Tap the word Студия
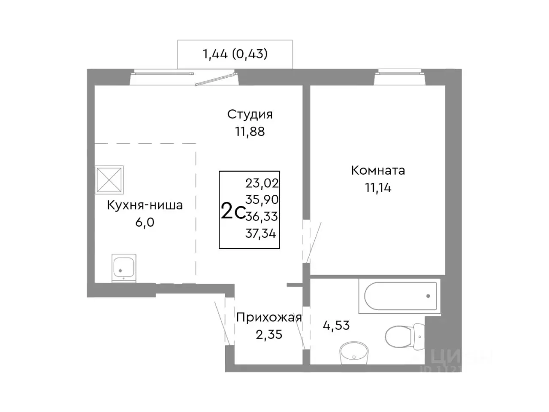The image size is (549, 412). [250, 115]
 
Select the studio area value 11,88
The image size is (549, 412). [250, 132]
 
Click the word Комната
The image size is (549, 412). [378, 170]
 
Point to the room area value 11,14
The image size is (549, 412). [378, 188]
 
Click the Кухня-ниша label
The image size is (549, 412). [145, 205]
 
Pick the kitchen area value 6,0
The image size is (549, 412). [145, 222]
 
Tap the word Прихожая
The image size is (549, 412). [269, 318]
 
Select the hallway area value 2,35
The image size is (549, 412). [269, 334]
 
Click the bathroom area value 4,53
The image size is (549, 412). [336, 325]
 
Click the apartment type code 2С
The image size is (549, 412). [232, 212]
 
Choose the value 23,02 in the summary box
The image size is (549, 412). [262, 183]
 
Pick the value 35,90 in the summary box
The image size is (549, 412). [262, 200]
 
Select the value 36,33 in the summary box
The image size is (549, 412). [262, 216]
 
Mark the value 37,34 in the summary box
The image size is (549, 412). [261, 233]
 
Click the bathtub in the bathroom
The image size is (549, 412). [400, 296]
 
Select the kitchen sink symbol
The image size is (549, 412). [124, 268]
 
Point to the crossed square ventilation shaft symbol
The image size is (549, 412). [109, 179]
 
